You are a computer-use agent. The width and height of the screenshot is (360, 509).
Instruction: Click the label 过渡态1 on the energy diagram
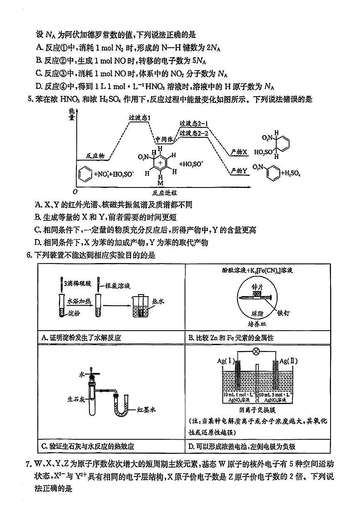140,118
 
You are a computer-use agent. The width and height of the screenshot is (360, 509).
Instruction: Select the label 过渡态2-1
194,124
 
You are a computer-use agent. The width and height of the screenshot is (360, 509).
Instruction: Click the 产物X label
239,152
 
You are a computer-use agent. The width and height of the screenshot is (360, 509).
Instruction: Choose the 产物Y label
239,170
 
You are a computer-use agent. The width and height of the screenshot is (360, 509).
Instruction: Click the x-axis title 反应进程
164,193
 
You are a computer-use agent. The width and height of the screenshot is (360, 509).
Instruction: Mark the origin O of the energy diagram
75,192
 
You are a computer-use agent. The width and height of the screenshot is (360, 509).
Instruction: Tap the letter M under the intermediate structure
160,183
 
